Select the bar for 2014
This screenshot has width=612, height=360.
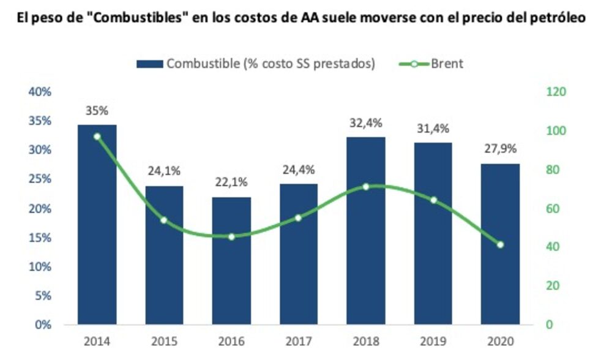[97, 224]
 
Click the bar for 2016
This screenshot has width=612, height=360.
[231, 260]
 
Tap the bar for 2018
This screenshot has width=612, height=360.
[366, 230]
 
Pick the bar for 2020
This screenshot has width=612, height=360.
[500, 244]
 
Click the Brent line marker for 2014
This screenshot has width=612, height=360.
[97, 137]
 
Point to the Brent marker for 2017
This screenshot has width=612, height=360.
[298, 217]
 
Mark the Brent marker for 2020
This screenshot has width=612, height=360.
[500, 245]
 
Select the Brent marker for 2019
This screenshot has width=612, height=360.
[433, 200]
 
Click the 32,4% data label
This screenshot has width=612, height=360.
[366, 123]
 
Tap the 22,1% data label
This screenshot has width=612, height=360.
[231, 183]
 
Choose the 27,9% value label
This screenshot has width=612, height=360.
[500, 149]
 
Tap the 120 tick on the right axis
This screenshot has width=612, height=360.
[556, 92]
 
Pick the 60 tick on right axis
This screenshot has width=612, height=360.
[553, 208]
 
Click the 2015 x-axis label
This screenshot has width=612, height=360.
[164, 341]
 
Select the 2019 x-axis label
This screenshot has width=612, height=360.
[433, 341]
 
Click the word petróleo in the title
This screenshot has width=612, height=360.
[559, 18]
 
